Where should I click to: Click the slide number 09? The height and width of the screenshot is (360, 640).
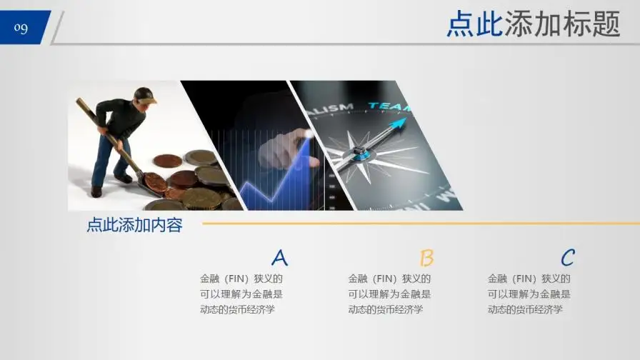[21, 28]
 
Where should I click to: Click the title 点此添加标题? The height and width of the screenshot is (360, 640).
[533, 24]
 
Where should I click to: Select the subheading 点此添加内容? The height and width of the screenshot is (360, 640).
[134, 226]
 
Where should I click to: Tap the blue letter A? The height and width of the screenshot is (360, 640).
[279, 258]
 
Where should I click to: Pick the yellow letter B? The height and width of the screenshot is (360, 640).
[426, 258]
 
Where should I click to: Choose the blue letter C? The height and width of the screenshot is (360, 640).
[567, 258]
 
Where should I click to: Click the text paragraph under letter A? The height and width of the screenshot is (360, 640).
[241, 294]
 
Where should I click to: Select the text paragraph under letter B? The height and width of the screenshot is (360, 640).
[389, 294]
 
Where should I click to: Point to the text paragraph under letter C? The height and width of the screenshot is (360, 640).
[529, 294]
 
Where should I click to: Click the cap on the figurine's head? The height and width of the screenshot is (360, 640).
[146, 94]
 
